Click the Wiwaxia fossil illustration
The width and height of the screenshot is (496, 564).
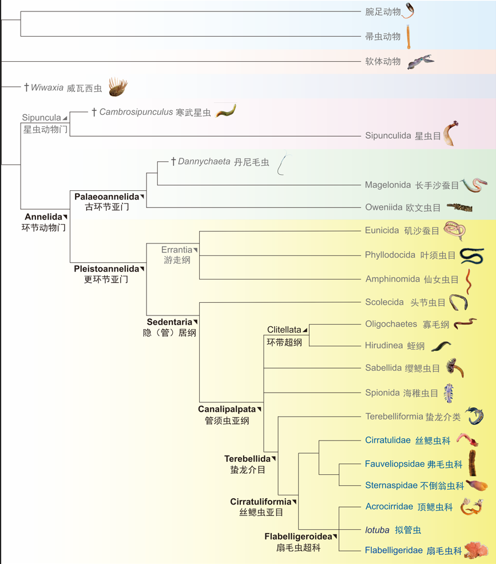pos(118,87)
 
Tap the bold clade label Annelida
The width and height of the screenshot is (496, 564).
pos(43,217)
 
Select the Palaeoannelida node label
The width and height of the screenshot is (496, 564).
pos(106,197)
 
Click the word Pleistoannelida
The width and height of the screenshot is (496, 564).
pos(106,269)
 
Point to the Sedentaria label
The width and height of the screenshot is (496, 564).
pos(169,322)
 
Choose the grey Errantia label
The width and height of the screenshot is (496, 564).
pos(177,250)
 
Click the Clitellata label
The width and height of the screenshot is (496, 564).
pos(284,330)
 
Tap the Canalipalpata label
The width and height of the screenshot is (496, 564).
pos(227,409)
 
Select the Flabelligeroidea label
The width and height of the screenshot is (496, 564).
pos(298,537)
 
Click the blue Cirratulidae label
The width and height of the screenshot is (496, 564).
pos(387,440)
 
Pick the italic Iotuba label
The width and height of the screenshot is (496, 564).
pos(377,530)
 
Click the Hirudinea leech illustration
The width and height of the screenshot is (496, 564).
pos(441,346)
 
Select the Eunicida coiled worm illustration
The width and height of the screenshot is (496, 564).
pos(455,231)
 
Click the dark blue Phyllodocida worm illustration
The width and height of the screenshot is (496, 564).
pos(472,256)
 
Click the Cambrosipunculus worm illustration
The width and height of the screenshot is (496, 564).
pos(225,110)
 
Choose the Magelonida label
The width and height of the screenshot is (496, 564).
pos(388,185)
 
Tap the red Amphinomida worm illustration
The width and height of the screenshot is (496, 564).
pos(468,281)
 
